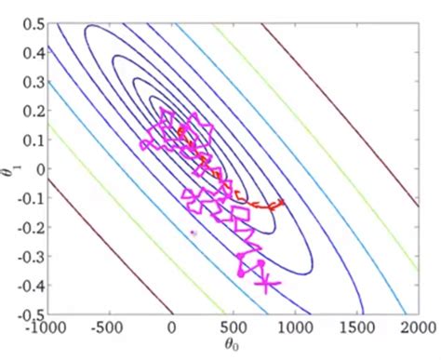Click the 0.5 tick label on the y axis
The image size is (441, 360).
point(33,24)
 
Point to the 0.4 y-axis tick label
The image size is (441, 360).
point(33,53)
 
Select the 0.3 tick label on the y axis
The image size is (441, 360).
point(33,82)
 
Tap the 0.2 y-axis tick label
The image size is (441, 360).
point(33,111)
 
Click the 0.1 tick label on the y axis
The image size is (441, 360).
point(33,140)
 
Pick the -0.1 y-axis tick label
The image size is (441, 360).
point(31,198)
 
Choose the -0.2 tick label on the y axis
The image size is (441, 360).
point(31,227)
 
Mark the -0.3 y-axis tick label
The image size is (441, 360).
point(31,256)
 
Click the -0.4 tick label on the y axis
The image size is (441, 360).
point(31,285)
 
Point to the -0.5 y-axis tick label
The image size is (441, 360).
point(31,314)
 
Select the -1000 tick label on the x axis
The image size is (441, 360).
point(46,327)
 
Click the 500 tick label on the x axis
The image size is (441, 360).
point(234,327)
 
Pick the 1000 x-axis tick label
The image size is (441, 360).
point(295,327)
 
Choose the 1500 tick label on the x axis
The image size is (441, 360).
point(356,327)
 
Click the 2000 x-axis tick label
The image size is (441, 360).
point(419,327)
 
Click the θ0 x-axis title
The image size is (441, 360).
point(232,344)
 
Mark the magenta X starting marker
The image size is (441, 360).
point(266,283)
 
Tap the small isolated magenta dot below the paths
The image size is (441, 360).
point(194,233)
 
